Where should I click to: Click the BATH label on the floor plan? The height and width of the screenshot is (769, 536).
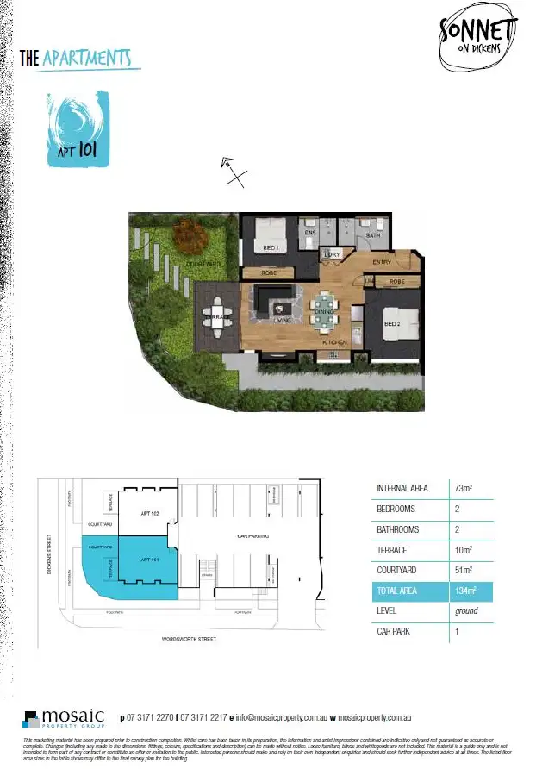pos(373,234)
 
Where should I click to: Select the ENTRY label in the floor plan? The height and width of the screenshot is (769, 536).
pos(382,262)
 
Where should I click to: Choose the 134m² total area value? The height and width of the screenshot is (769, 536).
pos(466,591)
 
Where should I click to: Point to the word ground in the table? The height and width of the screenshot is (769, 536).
pos(466,612)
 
